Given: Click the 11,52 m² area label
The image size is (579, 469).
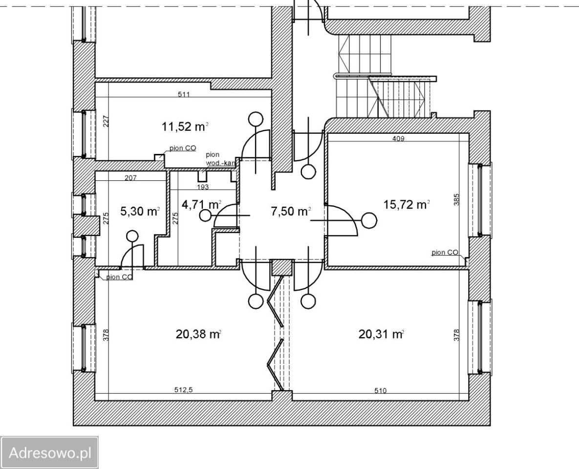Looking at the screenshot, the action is [185, 127].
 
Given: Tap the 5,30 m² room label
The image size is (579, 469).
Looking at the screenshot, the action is [140, 211].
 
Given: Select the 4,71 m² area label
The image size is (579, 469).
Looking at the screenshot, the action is [202, 204].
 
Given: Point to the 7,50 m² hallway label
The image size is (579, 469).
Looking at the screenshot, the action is [291, 211].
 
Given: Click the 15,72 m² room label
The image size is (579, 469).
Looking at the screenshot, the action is [407, 204].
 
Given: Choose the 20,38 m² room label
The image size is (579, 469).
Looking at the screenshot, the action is [198, 334].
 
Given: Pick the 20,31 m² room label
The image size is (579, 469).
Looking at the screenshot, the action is [381, 334].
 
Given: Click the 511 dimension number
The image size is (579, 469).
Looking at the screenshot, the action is [184, 94].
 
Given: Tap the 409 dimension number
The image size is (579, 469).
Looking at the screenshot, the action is [398, 139].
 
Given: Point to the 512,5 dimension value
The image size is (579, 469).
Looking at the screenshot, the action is [184, 389].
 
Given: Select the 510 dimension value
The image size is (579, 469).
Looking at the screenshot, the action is [380, 390].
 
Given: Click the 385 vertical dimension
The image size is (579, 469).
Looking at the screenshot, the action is [457, 200].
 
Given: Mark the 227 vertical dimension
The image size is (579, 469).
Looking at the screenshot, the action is [106, 122].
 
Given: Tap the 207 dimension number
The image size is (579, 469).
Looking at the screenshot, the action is [131, 178].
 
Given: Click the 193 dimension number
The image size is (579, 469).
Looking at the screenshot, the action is [203, 187].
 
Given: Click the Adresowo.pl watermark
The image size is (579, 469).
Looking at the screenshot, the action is [50, 452].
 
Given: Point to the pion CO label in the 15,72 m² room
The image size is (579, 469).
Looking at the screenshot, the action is [445, 253].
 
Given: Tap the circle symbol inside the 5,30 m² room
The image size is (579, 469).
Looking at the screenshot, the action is [132, 235].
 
